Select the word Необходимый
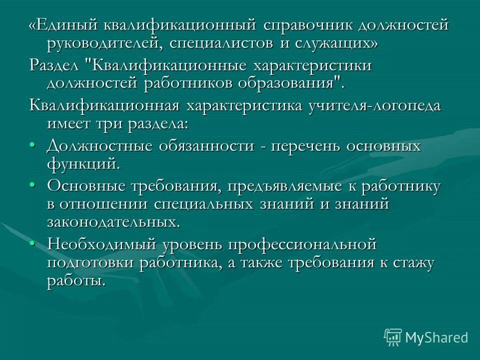pyautogui.click(x=100, y=245)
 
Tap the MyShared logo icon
pyautogui.click(x=392, y=337)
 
